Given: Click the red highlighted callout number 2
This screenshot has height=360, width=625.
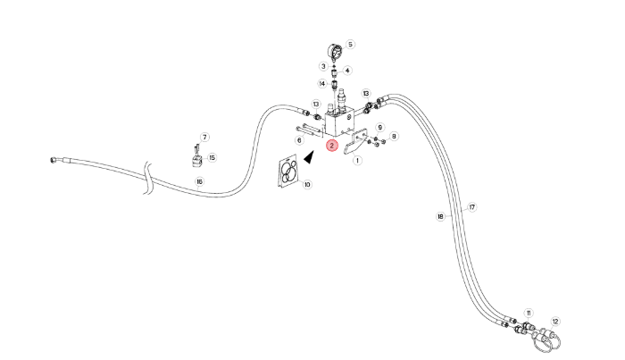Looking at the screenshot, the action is [x=331, y=146].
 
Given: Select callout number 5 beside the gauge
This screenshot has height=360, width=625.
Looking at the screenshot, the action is [x=350, y=45].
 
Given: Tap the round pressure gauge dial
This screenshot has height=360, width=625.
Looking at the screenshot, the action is [x=335, y=53].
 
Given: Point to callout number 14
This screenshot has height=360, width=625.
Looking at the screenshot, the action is [x=322, y=84].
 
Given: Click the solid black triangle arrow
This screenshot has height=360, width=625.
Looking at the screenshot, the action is [x=309, y=156].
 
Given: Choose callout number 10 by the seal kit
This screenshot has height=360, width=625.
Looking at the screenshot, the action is [x=307, y=185].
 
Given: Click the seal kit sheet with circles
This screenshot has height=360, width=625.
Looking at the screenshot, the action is [x=287, y=171].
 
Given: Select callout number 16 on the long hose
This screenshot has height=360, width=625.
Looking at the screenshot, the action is [x=199, y=182].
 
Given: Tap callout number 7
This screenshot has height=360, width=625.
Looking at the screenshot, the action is [x=204, y=138].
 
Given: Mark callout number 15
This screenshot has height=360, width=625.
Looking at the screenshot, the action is [x=212, y=158].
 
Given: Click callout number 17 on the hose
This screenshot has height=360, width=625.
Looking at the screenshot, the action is [x=472, y=207].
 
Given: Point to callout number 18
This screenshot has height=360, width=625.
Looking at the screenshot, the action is [x=440, y=216].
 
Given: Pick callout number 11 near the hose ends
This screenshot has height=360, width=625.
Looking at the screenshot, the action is [x=529, y=314].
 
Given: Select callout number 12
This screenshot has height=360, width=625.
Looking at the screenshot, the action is [x=555, y=322].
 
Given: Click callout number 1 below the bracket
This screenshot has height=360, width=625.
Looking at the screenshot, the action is [x=357, y=161].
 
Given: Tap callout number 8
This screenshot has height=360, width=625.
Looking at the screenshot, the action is [x=394, y=137].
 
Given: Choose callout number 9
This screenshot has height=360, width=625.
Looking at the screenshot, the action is [x=379, y=128].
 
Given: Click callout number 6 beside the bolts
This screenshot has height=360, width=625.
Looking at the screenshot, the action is [x=299, y=140].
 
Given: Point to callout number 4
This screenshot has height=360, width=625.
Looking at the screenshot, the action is [x=347, y=71].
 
